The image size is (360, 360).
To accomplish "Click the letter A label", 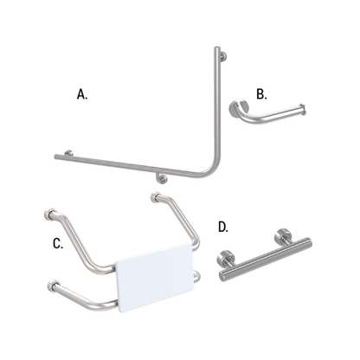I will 82,95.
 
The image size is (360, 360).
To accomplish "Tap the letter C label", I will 58,244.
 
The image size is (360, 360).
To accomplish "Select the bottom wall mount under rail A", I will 161,179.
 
